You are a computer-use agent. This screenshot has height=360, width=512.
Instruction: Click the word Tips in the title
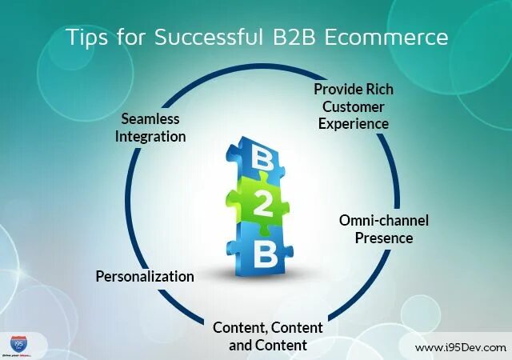[85, 37]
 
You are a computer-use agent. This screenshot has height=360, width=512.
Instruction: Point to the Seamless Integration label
[150, 127]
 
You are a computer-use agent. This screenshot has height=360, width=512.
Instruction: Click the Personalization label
[145, 276]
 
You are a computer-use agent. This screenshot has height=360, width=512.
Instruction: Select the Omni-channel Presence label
[384, 229]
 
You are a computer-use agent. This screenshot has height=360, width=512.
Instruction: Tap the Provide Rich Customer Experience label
[353, 106]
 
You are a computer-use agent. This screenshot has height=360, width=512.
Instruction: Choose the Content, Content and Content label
[268, 336]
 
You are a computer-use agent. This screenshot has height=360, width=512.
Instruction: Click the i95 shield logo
[18, 342]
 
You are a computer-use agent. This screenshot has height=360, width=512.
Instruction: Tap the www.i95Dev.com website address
[460, 347]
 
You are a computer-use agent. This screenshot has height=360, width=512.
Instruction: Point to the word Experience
[353, 123]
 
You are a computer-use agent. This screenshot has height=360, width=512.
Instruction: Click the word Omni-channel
[384, 220]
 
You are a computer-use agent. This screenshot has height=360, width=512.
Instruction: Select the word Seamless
[150, 118]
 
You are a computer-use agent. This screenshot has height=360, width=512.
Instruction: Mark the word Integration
[150, 136]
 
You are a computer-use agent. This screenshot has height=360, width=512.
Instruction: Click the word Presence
[384, 238]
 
